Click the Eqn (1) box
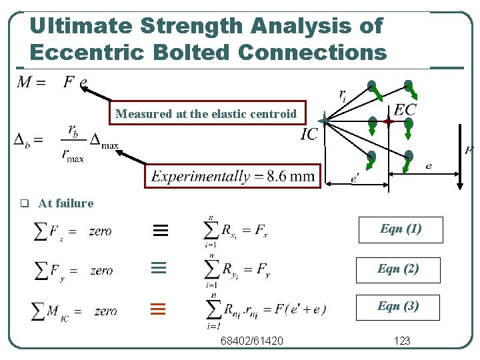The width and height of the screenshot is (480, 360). [400, 229]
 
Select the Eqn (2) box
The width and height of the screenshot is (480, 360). [398, 269]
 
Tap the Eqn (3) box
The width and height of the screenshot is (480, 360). [398, 307]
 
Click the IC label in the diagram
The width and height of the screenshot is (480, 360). [309, 134]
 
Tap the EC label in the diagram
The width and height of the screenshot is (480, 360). [405, 109]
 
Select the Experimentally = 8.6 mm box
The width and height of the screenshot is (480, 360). [233, 176]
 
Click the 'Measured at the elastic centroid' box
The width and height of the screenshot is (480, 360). [205, 113]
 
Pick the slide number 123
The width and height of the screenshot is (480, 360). [402, 341]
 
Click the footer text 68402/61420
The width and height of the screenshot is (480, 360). [252, 341]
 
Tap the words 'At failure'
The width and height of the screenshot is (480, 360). [66, 203]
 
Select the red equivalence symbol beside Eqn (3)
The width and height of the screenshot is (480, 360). [157, 309]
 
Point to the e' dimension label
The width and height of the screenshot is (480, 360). [355, 178]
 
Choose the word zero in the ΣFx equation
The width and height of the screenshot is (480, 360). [100, 231]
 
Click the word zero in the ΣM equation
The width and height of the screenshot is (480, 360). [106, 311]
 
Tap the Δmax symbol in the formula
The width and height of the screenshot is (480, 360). [104, 141]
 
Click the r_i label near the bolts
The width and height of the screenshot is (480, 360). [342, 95]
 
